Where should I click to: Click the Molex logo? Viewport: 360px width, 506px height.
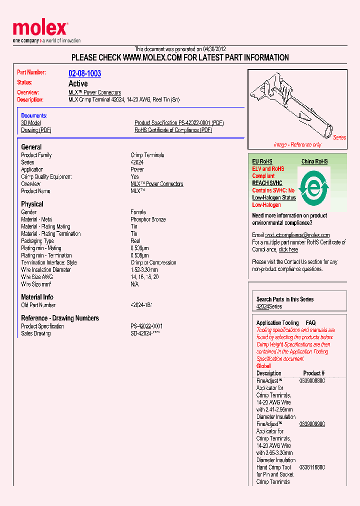tap(40, 29)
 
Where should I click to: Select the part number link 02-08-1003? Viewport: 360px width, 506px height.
tap(84, 73)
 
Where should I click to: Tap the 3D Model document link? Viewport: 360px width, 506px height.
tap(31, 123)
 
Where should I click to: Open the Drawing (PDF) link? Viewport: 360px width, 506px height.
tap(36, 130)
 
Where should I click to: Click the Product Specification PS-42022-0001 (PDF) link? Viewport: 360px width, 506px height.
tap(178, 123)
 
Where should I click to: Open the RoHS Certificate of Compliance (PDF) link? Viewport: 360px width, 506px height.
tap(173, 130)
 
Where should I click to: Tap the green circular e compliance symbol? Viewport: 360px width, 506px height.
tap(313, 187)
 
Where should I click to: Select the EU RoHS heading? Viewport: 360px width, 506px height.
tap(262, 161)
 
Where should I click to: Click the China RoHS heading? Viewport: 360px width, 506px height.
tap(314, 161)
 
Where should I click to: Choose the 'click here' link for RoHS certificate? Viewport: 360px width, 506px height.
tap(288, 249)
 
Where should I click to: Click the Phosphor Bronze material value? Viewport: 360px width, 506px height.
tap(148, 219)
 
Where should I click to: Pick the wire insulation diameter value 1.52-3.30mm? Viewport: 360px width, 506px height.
tap(145, 270)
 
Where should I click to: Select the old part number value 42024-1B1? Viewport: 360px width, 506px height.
tap(141, 305)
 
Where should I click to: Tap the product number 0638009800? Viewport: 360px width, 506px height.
tap(312, 381)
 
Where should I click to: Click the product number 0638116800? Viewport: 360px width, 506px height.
tap(312, 467)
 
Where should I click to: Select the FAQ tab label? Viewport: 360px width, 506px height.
tap(310, 323)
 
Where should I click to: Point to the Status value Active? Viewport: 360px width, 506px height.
tap(78, 83)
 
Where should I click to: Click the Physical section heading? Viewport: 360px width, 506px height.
tap(32, 204)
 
